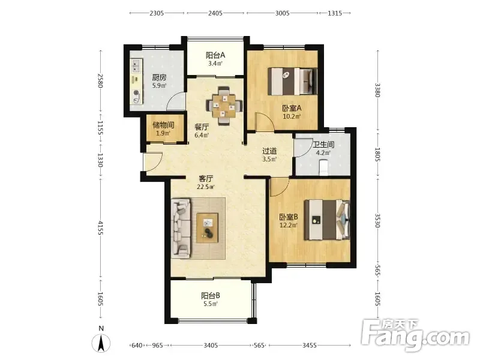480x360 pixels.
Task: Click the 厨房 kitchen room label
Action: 159,78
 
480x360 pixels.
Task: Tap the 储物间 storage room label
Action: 163,125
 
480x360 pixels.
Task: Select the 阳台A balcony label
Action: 215,55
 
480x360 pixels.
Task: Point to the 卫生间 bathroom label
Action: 323,145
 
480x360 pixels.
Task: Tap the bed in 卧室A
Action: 292,82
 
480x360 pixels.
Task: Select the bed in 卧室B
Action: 327,220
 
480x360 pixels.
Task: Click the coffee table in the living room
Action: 207,228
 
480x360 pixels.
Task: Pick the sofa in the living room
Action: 181,228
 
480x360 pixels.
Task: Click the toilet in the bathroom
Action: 323,168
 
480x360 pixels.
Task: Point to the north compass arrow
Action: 101,343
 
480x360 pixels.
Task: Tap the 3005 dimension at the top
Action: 282,13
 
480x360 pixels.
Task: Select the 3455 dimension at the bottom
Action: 310,346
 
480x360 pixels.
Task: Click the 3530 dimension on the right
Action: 377,220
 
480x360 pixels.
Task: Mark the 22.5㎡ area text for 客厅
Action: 206,187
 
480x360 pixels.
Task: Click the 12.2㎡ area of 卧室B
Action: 289,226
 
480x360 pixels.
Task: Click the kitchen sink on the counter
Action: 136,66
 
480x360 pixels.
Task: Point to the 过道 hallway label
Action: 269,151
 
